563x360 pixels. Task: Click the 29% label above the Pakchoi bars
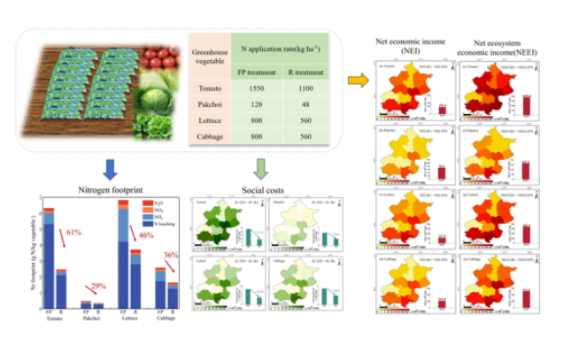[x=97, y=286]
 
